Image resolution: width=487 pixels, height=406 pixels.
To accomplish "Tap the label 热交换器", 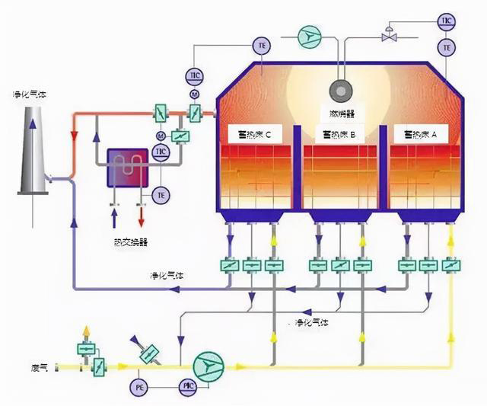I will [129, 241].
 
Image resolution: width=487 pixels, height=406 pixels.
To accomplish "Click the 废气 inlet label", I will [40, 368].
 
